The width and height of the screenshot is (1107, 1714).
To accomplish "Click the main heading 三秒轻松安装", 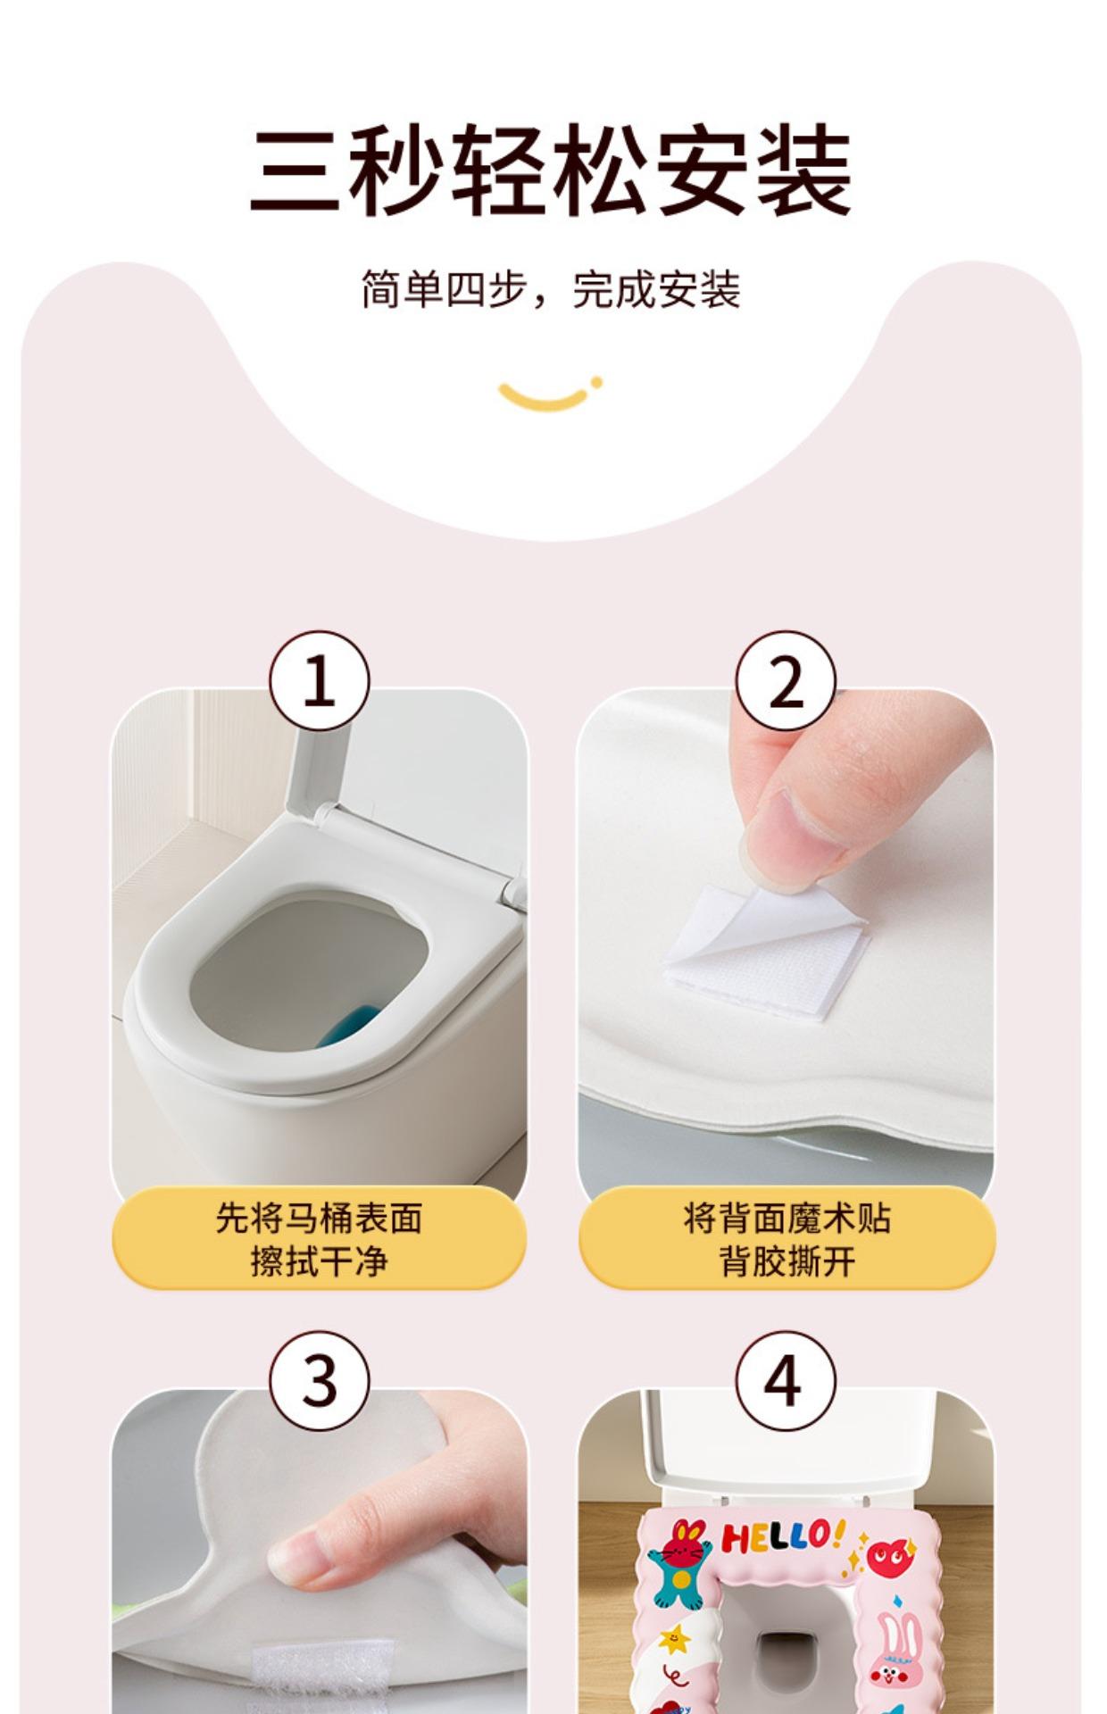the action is [550, 171].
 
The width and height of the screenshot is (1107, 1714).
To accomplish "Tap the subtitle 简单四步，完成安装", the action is [551, 289].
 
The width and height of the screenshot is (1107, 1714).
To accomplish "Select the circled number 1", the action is [319, 681].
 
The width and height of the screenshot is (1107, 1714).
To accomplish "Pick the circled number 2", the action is [786, 681].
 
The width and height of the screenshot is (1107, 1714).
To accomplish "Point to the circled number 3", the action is [319, 1381].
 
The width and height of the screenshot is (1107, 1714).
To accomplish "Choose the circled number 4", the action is [786, 1381].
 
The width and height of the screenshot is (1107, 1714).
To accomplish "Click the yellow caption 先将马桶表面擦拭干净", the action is [319, 1239].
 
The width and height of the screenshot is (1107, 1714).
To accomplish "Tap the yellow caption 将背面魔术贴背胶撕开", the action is [787, 1239].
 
